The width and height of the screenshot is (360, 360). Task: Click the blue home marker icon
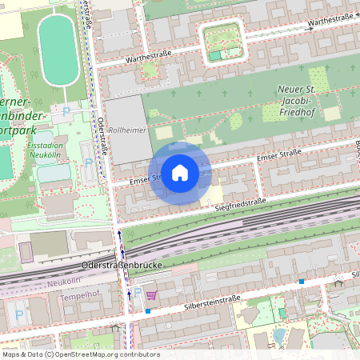click(x=180, y=173)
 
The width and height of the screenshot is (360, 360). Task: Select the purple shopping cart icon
click(x=151, y=295)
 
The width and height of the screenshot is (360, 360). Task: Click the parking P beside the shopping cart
click(x=137, y=294)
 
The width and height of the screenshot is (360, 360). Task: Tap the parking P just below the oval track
click(x=66, y=110)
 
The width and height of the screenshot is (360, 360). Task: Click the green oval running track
click(x=58, y=50)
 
